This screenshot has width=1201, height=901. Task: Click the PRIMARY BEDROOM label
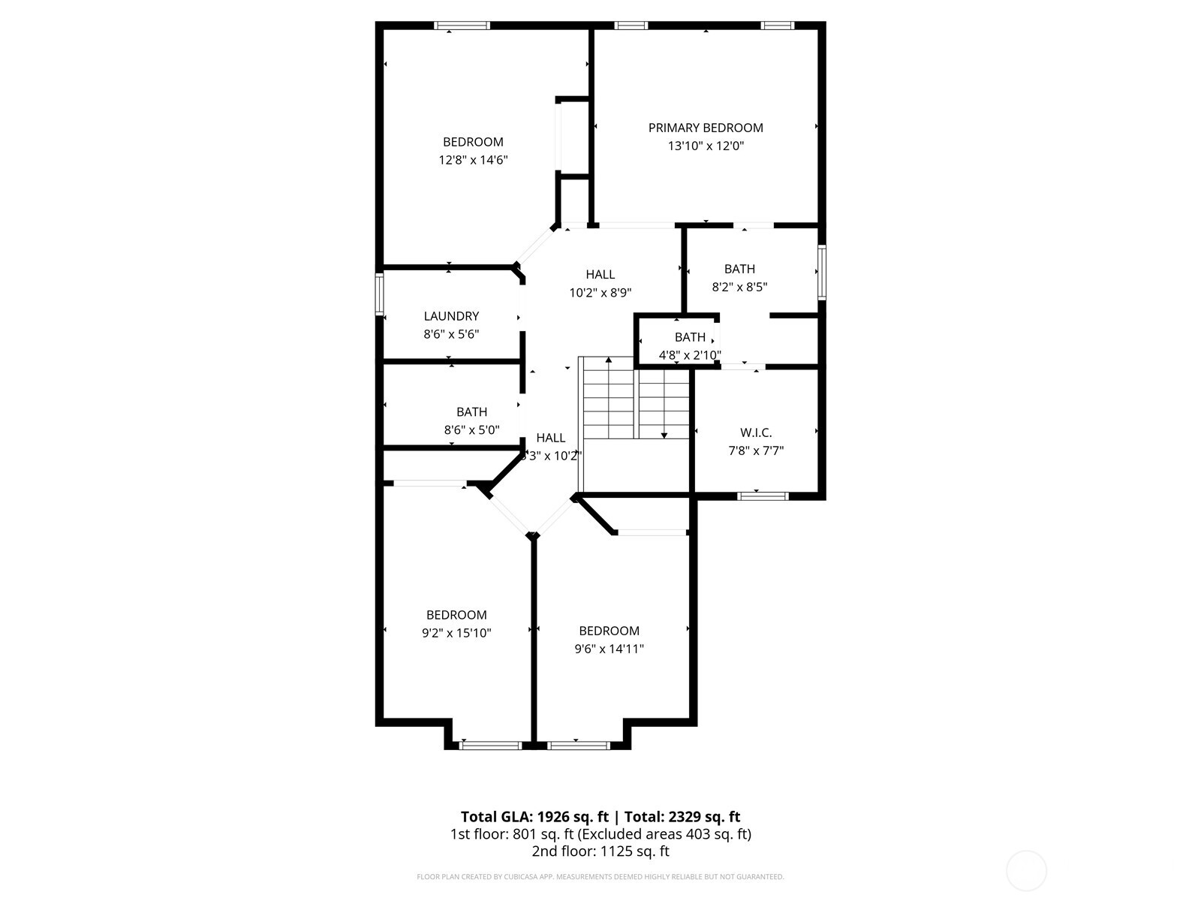(x=706, y=128)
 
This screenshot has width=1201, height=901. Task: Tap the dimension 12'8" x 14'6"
(x=474, y=160)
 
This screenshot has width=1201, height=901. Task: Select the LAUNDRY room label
(x=451, y=316)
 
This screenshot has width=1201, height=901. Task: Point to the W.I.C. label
(x=756, y=432)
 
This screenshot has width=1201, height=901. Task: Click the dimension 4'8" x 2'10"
(x=690, y=355)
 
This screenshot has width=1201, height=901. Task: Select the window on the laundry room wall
(x=380, y=294)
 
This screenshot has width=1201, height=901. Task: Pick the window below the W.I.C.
(x=763, y=496)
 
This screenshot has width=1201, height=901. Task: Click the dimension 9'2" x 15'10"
(x=456, y=633)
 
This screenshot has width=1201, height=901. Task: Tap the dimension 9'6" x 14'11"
(x=609, y=649)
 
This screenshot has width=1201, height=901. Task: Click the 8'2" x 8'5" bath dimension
(x=739, y=287)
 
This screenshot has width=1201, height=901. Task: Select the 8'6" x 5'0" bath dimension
(x=471, y=430)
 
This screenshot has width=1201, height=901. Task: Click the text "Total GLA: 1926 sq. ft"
(x=534, y=817)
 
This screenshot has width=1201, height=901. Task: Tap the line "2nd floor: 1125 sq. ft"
(x=600, y=851)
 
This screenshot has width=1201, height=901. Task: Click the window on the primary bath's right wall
(x=822, y=273)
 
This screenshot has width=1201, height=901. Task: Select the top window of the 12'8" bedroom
(x=462, y=26)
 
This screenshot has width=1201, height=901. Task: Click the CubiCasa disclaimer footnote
(x=600, y=877)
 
